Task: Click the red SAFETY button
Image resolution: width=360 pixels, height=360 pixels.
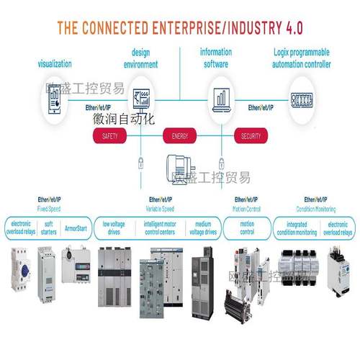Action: click(110, 136)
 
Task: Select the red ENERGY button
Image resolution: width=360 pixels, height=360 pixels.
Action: click(179, 136)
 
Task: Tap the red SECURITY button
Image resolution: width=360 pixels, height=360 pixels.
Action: click(251, 136)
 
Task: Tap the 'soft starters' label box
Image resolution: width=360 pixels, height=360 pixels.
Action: click(50, 228)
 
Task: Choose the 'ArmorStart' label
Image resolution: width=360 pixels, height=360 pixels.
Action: click(78, 228)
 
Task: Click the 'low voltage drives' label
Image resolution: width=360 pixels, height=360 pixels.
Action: click(114, 228)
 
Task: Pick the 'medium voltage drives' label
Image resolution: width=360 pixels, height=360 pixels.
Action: click(202, 228)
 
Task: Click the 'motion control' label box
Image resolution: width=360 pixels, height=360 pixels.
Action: click(247, 228)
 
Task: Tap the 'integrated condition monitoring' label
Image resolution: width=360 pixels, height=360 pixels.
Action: click(295, 228)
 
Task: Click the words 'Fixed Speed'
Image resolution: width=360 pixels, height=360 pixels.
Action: click(50, 208)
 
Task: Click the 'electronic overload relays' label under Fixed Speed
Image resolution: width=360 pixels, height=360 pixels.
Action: click(22, 228)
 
